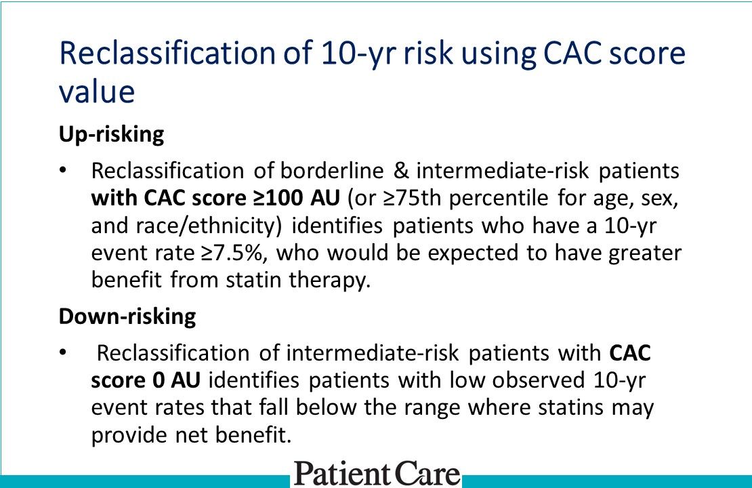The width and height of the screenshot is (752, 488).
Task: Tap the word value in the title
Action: coord(97,91)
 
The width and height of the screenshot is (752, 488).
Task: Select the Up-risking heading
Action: coord(111,134)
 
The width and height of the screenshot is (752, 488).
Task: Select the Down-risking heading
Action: coord(127,317)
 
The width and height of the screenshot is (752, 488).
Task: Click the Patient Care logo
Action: coord(377,473)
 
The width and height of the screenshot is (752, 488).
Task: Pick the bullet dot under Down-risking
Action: coord(64,353)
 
